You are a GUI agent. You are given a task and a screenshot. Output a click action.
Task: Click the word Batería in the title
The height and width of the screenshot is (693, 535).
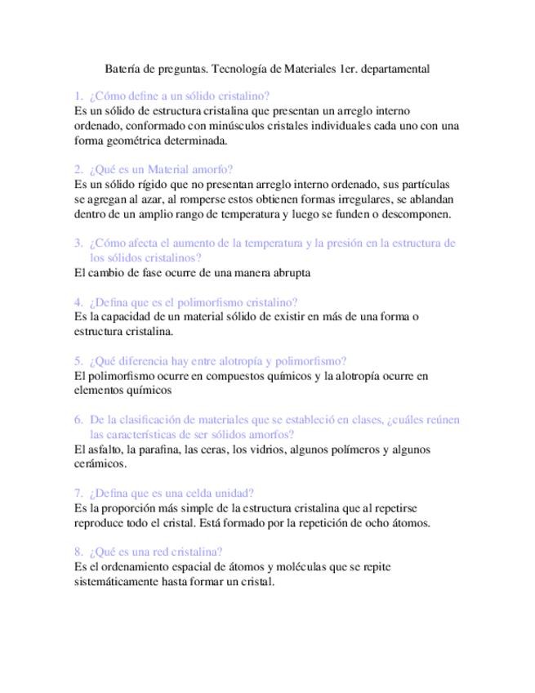(124, 69)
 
